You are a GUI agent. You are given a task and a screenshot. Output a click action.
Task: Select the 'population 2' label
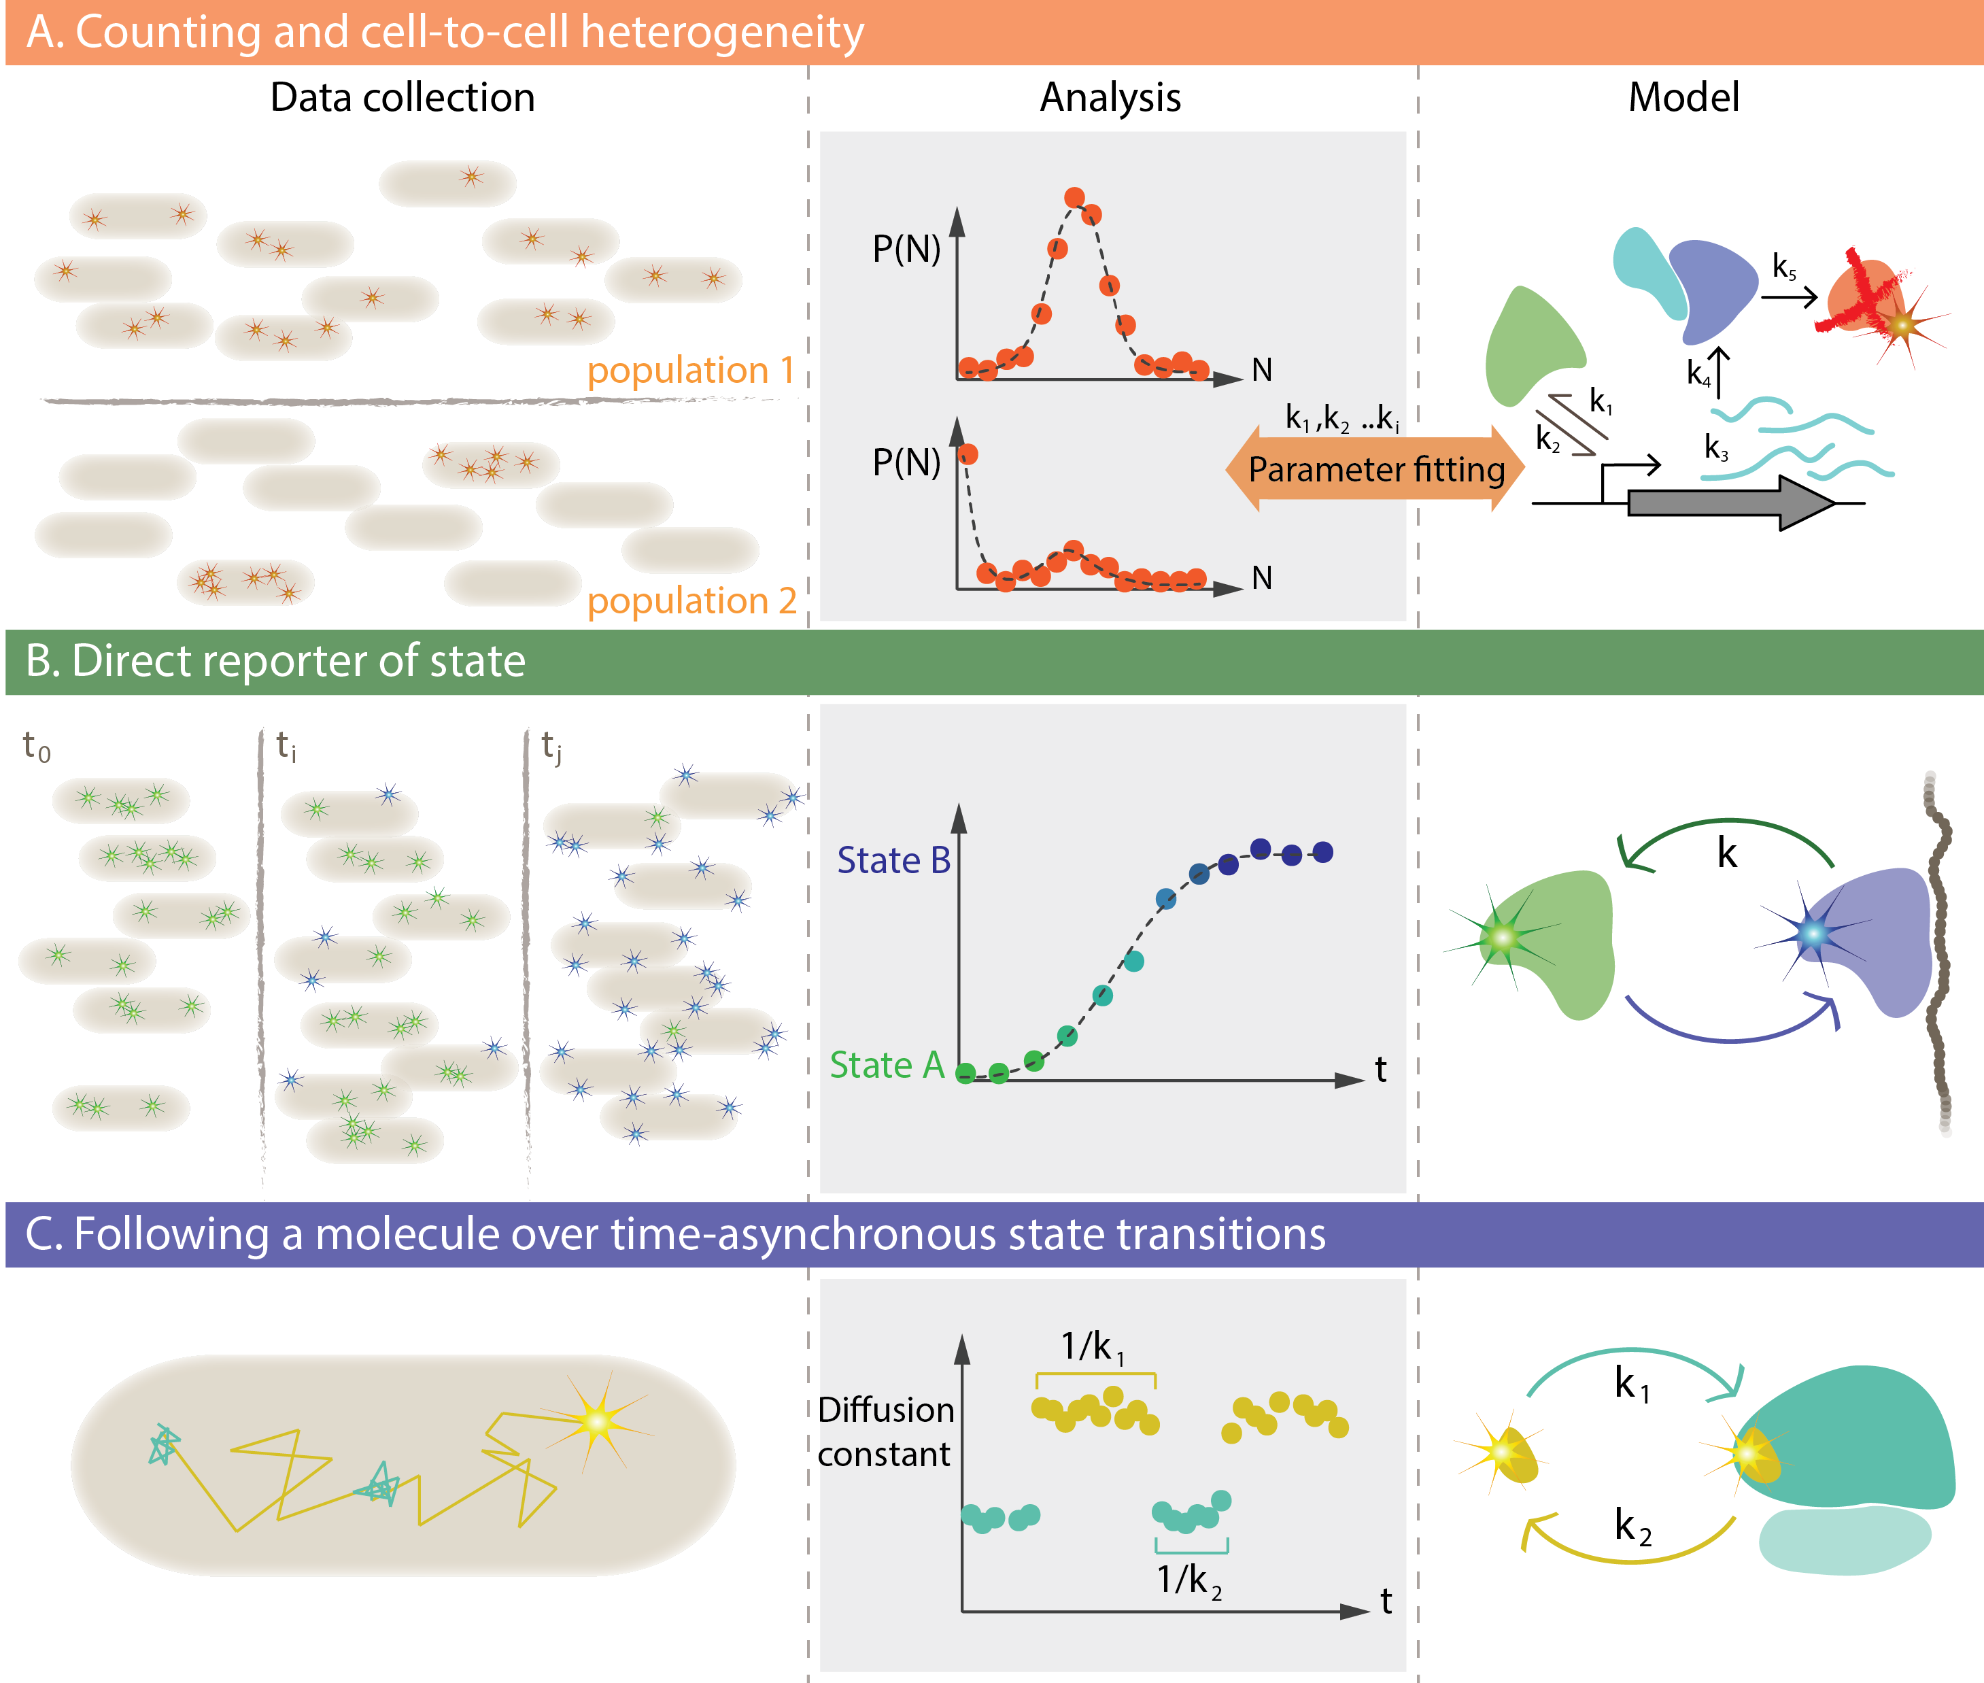(x=691, y=601)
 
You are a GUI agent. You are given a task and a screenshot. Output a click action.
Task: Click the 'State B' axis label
(x=893, y=861)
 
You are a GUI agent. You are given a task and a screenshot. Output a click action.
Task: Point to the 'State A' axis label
(x=886, y=1065)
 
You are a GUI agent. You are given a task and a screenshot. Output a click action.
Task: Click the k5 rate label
(x=1783, y=267)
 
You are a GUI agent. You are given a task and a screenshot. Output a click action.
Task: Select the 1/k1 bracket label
(x=1093, y=1347)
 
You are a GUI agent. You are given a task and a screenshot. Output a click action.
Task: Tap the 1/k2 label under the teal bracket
(x=1188, y=1580)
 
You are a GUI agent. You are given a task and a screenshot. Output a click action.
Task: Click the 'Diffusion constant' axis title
(x=885, y=1431)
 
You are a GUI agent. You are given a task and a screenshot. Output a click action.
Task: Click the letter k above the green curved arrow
(x=1726, y=853)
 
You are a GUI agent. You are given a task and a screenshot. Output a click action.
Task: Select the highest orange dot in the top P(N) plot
(x=1074, y=197)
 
